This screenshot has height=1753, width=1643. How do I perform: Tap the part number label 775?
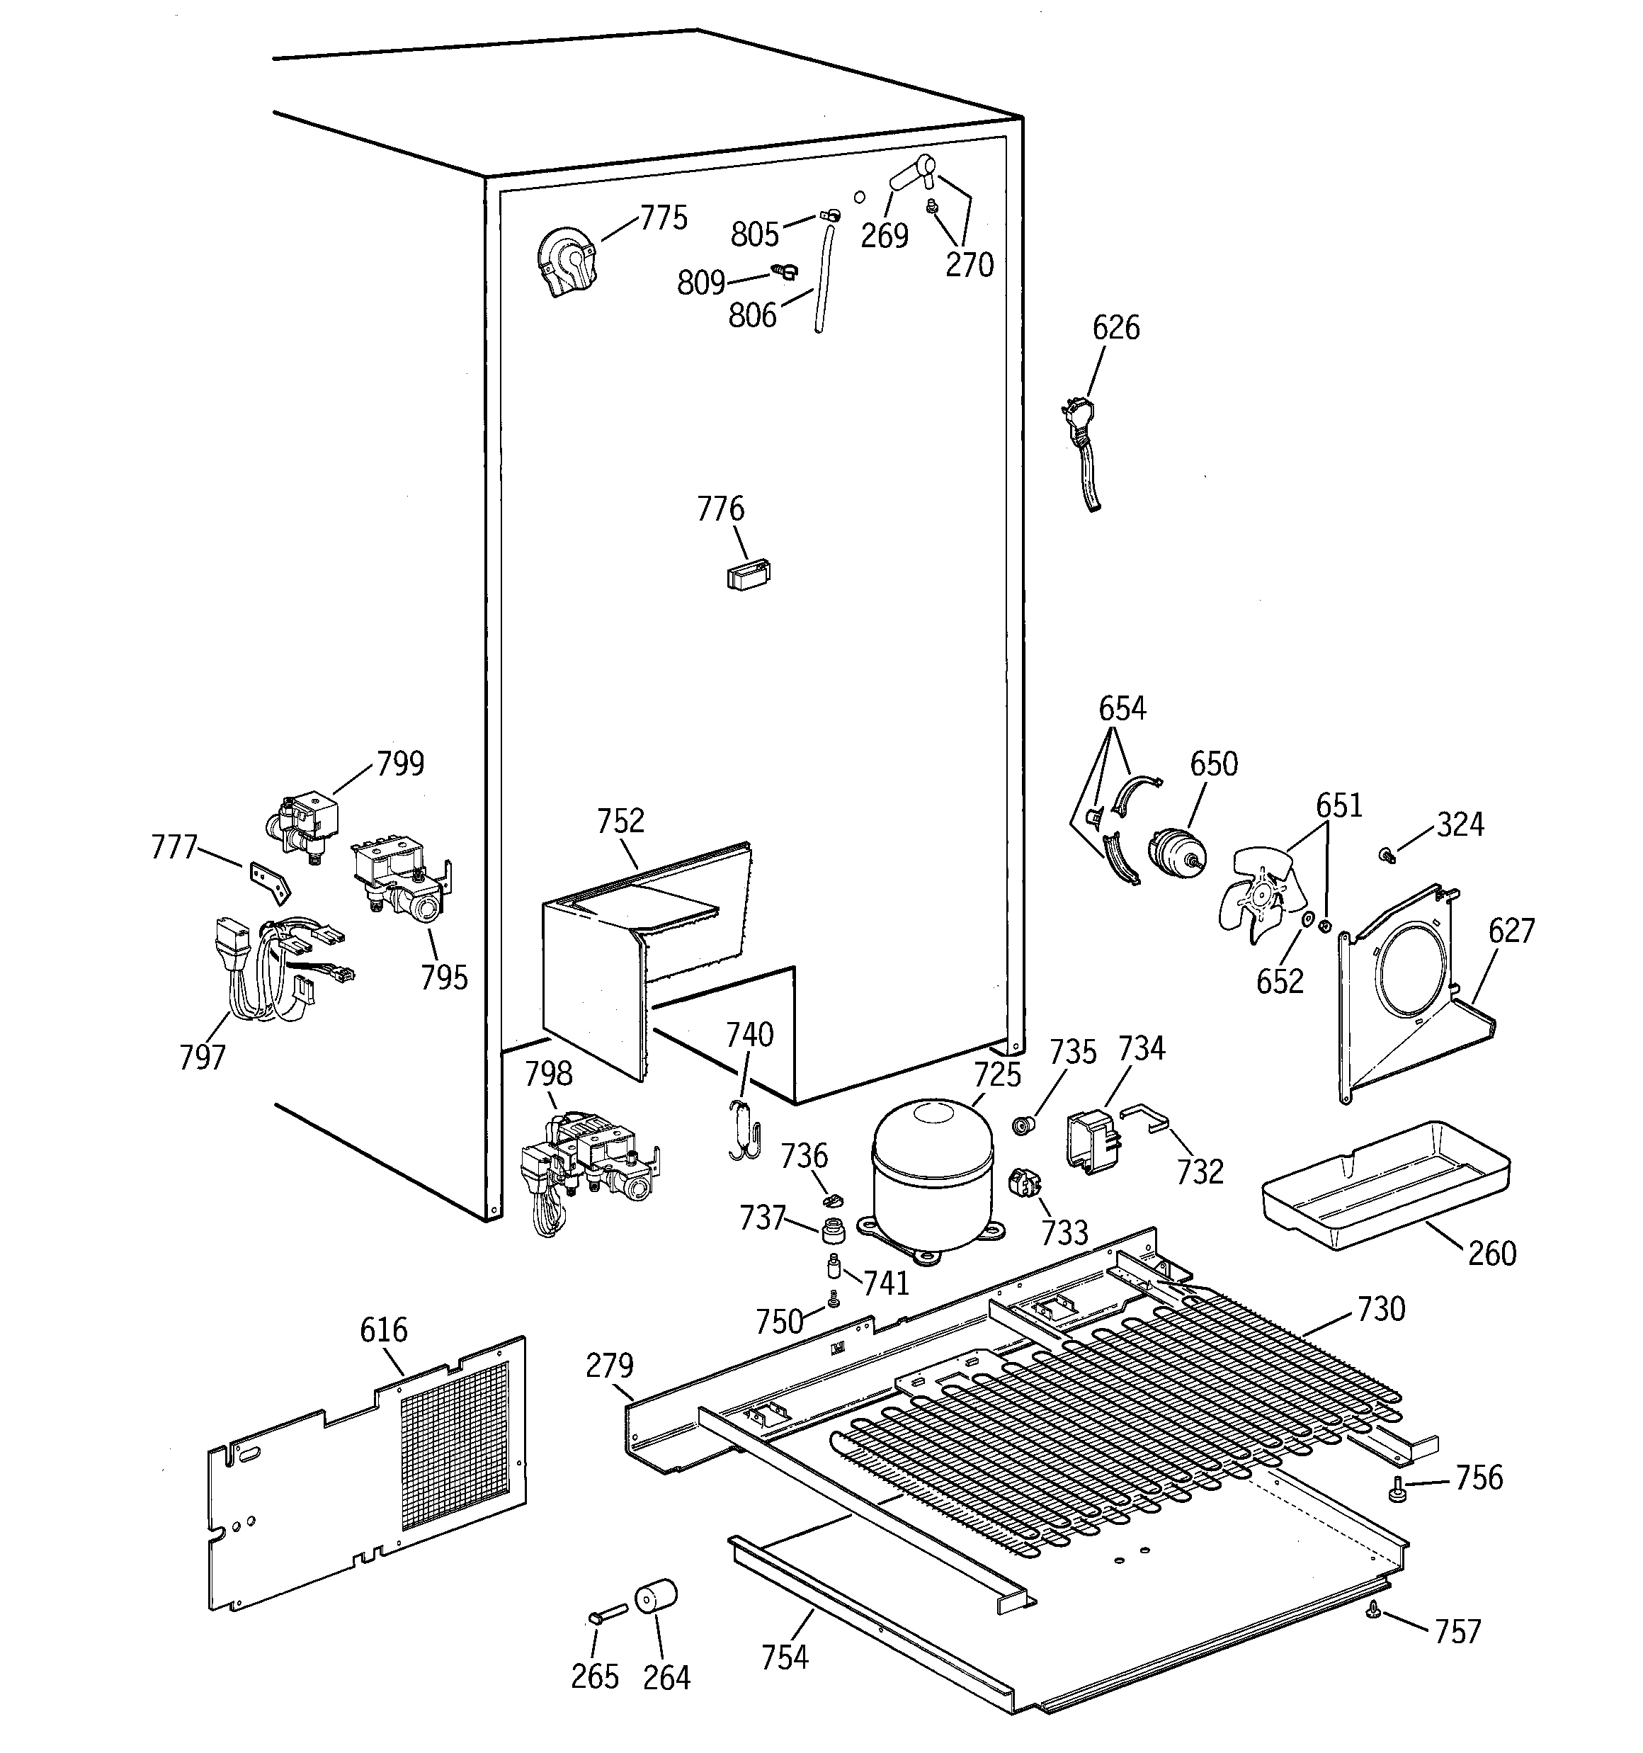663,218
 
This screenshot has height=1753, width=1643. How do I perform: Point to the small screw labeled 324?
1385,853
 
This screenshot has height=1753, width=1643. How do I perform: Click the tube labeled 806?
824,278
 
